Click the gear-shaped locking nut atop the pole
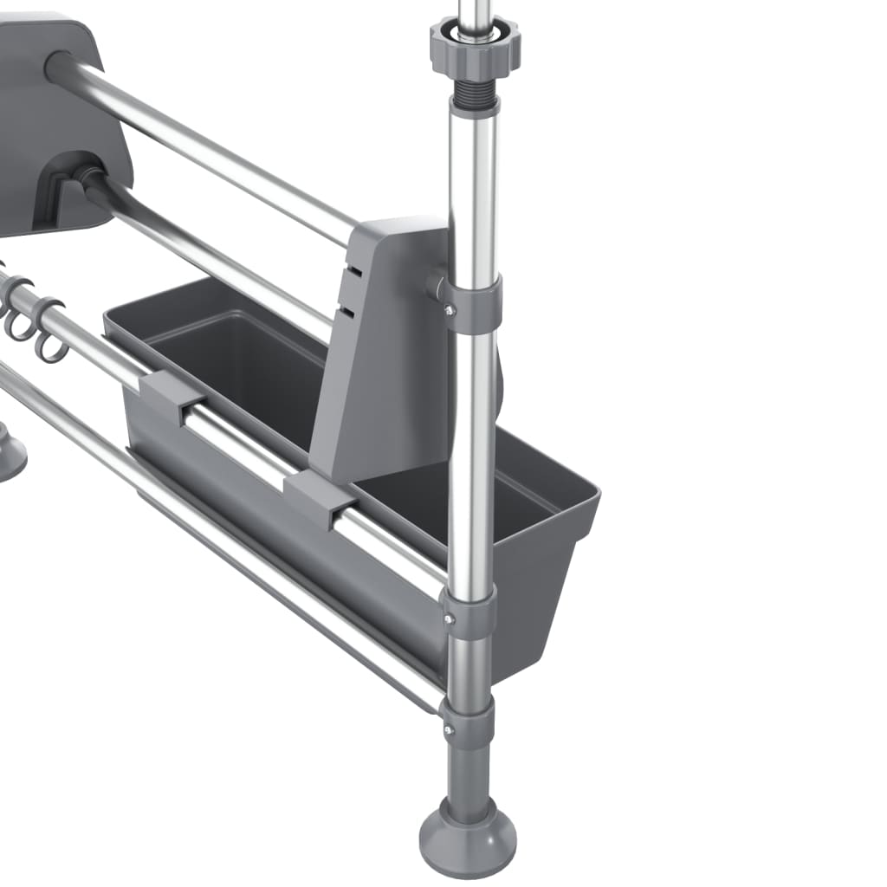click(x=475, y=48)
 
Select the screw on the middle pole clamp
click(x=448, y=618)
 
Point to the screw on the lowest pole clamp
click(x=448, y=730)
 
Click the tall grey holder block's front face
click(x=381, y=364)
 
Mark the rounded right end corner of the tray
click(x=589, y=502)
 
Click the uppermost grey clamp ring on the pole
click(x=472, y=303)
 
